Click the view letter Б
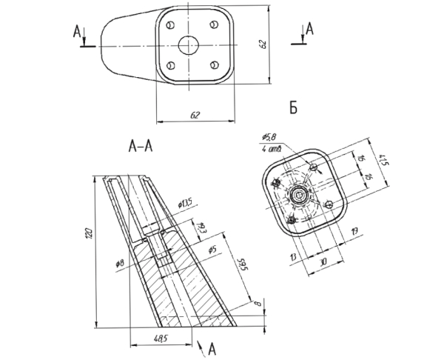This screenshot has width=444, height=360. (x=293, y=107)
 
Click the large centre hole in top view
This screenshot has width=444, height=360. (x=189, y=45)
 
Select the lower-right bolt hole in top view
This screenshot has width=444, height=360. (x=214, y=65)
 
